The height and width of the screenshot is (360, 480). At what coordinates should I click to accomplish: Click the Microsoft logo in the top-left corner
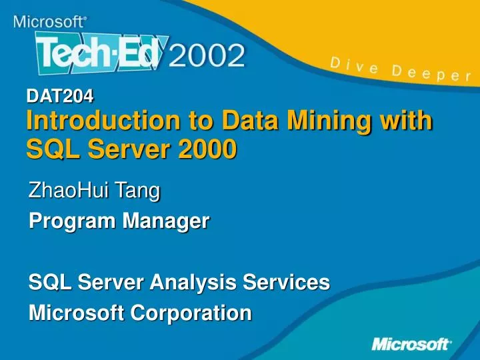[49, 21]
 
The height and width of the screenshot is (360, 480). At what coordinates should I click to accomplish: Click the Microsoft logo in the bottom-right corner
[411, 344]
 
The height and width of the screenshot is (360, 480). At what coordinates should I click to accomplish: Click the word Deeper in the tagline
[431, 73]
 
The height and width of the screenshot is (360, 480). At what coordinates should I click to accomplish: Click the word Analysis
[186, 283]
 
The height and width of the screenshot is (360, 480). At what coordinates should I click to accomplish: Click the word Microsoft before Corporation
[79, 313]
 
